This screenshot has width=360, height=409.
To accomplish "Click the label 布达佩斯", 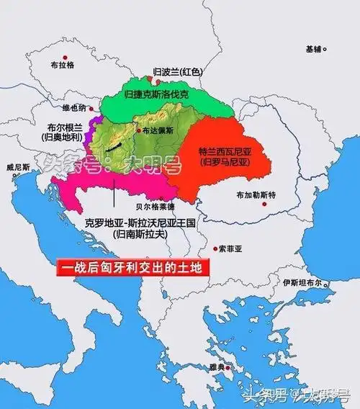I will pos(158,131).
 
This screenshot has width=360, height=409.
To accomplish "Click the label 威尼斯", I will pos(18,167).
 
